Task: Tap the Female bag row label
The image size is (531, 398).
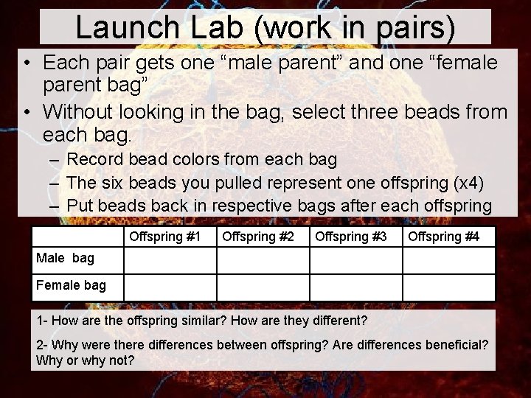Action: [x=71, y=285]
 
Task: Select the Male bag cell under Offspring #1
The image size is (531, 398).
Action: [x=170, y=260]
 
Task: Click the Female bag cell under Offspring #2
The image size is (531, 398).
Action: [x=263, y=287]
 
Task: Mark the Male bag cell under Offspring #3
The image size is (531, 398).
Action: [x=355, y=260]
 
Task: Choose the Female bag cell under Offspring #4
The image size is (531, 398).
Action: [x=448, y=287]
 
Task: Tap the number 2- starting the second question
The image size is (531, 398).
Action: [x=42, y=346]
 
